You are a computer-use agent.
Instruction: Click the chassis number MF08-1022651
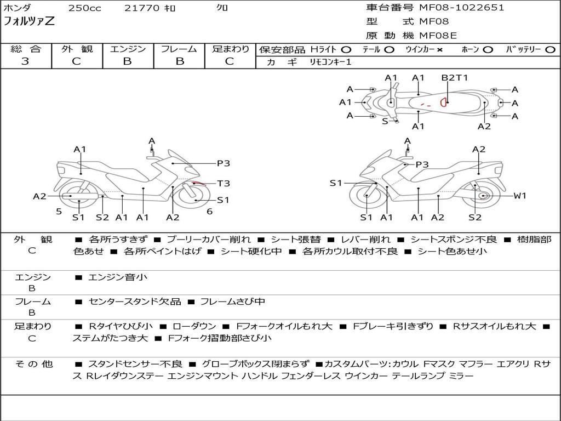pos(461,8)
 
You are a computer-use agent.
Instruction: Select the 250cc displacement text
pos(84,8)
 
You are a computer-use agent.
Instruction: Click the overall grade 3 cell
pos(25,61)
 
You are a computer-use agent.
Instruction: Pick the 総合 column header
pos(26,49)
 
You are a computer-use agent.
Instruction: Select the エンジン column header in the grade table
pos(128,49)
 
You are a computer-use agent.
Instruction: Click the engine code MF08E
pos(438,36)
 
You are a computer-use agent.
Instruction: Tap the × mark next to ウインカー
pos(440,50)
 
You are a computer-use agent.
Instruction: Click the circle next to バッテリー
pos(550,49)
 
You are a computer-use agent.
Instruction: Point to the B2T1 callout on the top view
pos(455,78)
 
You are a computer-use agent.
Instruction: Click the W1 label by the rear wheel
pos(519,196)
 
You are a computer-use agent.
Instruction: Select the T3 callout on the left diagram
pos(223,184)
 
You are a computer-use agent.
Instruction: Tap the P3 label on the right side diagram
pos(422,164)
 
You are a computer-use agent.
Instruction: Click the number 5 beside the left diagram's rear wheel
pos(59,212)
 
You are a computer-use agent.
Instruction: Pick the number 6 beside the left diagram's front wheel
pos(210,212)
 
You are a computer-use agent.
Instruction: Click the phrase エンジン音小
pos(118,277)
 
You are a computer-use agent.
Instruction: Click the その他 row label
pos(33,364)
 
